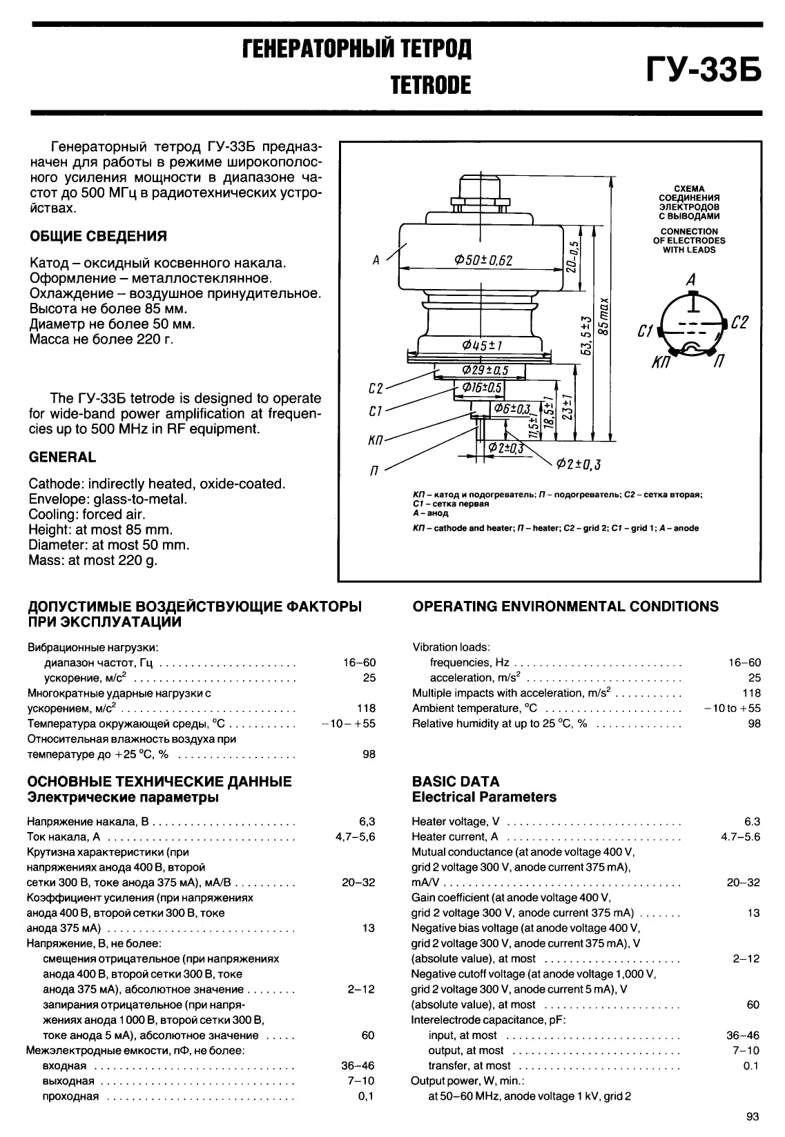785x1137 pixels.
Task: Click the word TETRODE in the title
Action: (x=430, y=85)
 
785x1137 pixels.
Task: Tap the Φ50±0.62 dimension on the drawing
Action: (x=483, y=260)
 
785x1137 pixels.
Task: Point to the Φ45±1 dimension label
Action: (x=482, y=346)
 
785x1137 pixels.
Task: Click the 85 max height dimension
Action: (x=605, y=317)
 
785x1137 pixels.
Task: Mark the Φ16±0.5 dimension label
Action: (x=482, y=388)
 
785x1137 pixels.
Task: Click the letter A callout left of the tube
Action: (x=376, y=261)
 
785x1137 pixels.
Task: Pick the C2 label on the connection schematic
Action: (x=739, y=322)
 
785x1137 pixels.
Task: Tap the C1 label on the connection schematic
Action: (x=645, y=332)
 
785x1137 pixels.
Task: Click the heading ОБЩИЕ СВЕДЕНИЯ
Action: (x=98, y=236)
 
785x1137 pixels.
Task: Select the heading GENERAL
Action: (x=62, y=457)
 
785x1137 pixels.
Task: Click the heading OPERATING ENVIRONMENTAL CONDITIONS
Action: (x=565, y=606)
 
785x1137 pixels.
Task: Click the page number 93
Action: (x=753, y=1117)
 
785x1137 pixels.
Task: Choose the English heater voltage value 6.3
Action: (x=752, y=822)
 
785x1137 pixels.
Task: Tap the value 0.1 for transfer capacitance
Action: (x=751, y=1065)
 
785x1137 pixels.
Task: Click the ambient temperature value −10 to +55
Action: (x=732, y=708)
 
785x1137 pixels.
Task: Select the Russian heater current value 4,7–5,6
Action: (x=355, y=837)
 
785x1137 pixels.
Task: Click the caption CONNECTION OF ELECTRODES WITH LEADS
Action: (x=689, y=241)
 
